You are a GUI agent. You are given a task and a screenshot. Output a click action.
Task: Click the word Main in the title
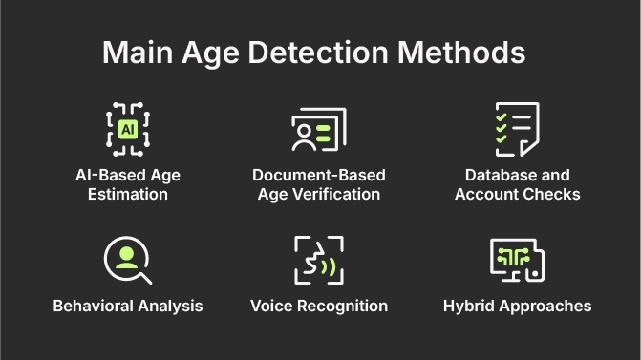[134, 53]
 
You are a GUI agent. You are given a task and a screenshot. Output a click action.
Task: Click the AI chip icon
[127, 129]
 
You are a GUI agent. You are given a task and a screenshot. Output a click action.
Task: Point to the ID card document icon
[318, 129]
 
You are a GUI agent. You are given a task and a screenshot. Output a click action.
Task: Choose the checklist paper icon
[516, 129]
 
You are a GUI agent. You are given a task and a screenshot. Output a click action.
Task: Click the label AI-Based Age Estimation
[127, 184]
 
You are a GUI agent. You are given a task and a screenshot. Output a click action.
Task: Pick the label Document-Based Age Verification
[318, 184]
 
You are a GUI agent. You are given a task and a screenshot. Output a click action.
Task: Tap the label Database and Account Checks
[517, 184]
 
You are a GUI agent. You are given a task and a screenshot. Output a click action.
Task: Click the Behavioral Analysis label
[127, 306]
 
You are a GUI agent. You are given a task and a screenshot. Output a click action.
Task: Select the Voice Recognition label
[318, 306]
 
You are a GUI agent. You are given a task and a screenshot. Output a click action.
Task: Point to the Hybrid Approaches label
[517, 306]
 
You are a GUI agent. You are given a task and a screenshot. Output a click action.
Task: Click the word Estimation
[127, 195]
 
